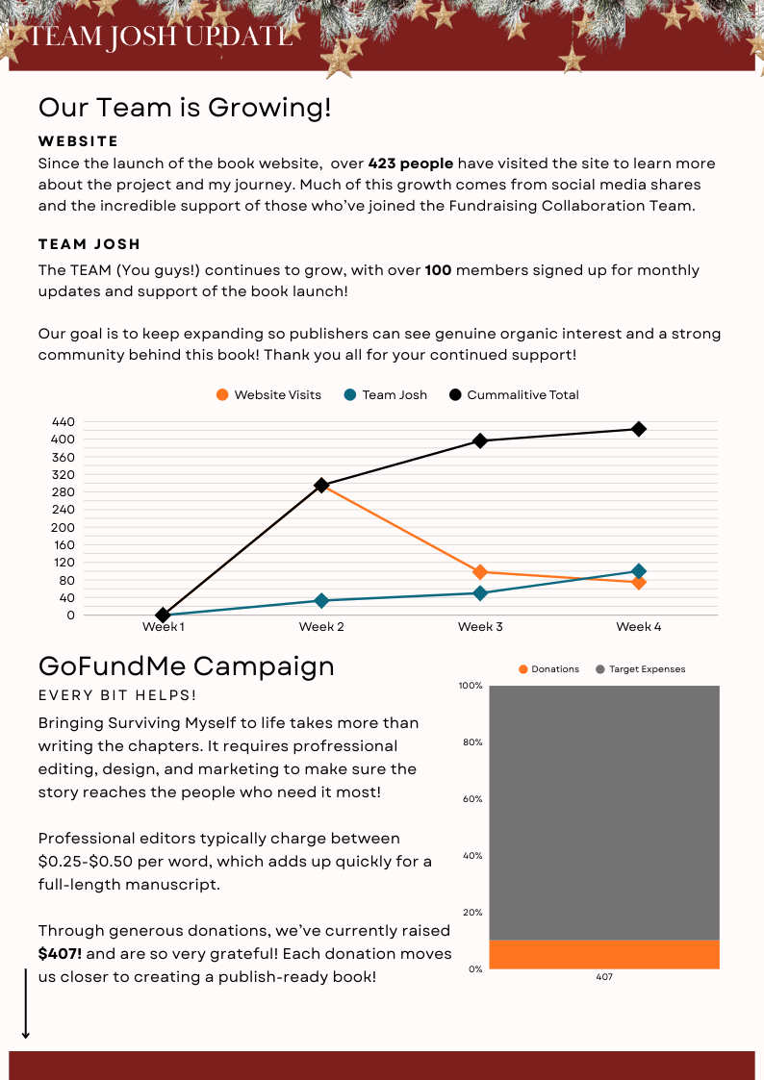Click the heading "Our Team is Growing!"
185,108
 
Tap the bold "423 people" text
411,163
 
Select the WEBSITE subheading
79,141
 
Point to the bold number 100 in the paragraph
438,270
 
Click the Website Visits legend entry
269,395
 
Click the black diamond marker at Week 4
638,429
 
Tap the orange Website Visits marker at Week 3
480,572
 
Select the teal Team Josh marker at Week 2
321,600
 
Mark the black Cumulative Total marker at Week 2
321,486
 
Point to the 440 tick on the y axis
64,421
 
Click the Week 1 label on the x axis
163,627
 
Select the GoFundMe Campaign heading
187,666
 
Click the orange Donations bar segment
603,954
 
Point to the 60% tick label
471,799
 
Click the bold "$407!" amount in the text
60,954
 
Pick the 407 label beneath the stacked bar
604,977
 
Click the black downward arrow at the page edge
26,1005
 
